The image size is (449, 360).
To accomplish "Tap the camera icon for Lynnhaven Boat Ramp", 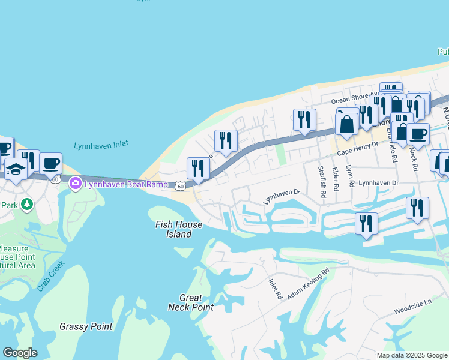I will click(x=76, y=184).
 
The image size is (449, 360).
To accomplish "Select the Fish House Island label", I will click(x=179, y=229).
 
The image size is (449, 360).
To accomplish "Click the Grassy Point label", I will click(x=86, y=326).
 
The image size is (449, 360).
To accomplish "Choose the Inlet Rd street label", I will click(x=275, y=289).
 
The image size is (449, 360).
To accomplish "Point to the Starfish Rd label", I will click(x=321, y=179).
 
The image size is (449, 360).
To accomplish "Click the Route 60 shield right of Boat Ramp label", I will click(x=179, y=188).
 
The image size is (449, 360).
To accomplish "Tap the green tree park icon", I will click(x=26, y=205).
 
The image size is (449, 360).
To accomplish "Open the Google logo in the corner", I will click(x=19, y=352).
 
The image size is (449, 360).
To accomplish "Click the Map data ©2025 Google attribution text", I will click(x=412, y=355).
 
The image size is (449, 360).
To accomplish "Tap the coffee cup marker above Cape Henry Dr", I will click(x=417, y=133).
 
